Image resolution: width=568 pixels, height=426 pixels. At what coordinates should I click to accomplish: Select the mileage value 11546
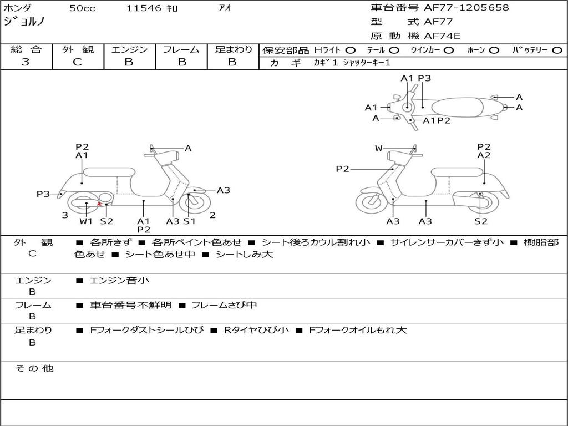pyautogui.click(x=144, y=8)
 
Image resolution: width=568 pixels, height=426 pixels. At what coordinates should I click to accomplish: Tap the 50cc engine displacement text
pyautogui.click(x=82, y=8)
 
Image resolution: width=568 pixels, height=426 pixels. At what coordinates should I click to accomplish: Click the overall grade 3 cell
pyautogui.click(x=26, y=62)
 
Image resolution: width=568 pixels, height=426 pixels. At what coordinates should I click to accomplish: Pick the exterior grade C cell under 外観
pyautogui.click(x=78, y=62)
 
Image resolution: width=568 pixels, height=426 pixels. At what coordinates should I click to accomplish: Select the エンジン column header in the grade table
pyautogui.click(x=129, y=50)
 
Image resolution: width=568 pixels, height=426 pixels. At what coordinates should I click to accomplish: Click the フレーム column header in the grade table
pyautogui.click(x=181, y=50)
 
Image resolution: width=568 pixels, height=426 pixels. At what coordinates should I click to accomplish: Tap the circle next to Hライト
pyautogui.click(x=351, y=50)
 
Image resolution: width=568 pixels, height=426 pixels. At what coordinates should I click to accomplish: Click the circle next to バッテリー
pyautogui.click(x=557, y=50)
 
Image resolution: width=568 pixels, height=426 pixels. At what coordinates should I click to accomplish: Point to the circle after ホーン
pyautogui.click(x=494, y=50)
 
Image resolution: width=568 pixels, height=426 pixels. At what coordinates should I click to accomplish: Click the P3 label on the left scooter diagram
pyautogui.click(x=43, y=194)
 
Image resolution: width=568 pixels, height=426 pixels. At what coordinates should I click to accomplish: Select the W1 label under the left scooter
pyautogui.click(x=86, y=221)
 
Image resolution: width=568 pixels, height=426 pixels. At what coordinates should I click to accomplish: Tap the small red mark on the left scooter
pyautogui.click(x=99, y=204)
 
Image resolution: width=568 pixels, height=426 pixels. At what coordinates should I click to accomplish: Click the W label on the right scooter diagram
pyautogui.click(x=379, y=148)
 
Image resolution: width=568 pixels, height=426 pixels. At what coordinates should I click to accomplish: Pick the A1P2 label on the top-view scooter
pyautogui.click(x=437, y=120)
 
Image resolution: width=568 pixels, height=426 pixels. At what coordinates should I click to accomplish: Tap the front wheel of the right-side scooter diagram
pyautogui.click(x=371, y=201)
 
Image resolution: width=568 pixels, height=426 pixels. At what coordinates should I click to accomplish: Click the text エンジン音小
pyautogui.click(x=119, y=281)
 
